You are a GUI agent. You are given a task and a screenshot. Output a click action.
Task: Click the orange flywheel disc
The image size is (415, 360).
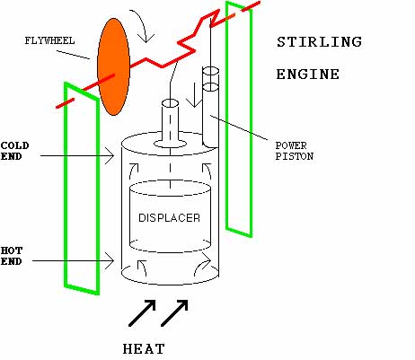(x=113, y=66)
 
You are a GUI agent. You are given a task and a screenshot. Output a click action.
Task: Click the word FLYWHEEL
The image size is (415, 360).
(x=49, y=40)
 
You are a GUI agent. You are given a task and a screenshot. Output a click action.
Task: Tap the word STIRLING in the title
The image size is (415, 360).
(x=319, y=42)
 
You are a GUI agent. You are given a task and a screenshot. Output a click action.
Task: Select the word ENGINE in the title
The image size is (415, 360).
(x=308, y=75)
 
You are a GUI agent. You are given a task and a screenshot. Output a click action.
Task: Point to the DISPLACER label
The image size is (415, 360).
(x=169, y=218)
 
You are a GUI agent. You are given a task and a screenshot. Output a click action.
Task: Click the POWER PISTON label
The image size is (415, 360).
(x=295, y=151)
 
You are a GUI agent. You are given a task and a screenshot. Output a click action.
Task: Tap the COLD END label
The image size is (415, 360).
(x=14, y=151)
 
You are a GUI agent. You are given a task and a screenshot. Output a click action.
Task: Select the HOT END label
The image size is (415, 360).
(x=12, y=256)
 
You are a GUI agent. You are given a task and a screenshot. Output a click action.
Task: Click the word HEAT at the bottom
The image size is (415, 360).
(x=144, y=349)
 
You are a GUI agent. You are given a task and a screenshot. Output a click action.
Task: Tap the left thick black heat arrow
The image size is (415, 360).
(x=142, y=313)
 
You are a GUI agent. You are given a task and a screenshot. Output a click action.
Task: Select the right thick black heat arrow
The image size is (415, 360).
(x=174, y=313)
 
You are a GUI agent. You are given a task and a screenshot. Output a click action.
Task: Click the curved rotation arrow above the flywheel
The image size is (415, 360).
(x=144, y=24)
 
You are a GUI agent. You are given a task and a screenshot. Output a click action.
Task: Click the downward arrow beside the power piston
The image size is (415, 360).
(x=194, y=94)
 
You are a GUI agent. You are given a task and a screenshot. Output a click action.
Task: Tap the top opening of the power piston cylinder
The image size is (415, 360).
(x=211, y=71)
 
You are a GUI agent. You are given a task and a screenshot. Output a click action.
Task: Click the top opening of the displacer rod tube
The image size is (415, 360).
(x=170, y=103)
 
